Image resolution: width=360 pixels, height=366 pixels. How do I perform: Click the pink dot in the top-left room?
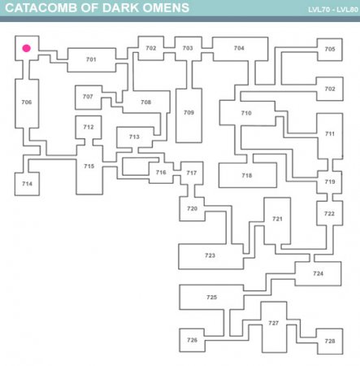(x=26, y=48)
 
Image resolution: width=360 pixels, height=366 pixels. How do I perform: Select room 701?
(x=92, y=60)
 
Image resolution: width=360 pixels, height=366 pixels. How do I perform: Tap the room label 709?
(x=189, y=112)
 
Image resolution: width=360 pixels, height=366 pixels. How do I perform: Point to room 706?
(x=27, y=103)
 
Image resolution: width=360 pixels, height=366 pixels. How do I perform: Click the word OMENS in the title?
(x=166, y=8)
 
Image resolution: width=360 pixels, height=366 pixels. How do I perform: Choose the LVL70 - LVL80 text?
(x=333, y=10)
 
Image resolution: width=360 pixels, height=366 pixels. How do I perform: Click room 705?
(x=330, y=50)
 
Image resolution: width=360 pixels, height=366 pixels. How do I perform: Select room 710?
(x=247, y=113)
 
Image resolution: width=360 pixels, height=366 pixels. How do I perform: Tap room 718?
(x=248, y=175)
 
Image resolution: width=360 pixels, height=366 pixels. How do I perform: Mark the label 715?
(x=89, y=166)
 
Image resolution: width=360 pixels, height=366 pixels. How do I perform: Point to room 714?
(x=27, y=184)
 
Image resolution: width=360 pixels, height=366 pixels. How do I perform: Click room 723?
(x=210, y=256)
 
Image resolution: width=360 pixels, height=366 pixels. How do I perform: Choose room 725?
(x=211, y=297)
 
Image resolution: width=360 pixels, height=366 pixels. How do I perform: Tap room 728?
(x=330, y=342)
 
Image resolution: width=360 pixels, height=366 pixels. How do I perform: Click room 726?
(x=192, y=340)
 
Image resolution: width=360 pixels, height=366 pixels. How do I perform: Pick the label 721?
(x=277, y=219)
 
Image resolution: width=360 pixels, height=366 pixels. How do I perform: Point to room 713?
(x=135, y=137)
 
